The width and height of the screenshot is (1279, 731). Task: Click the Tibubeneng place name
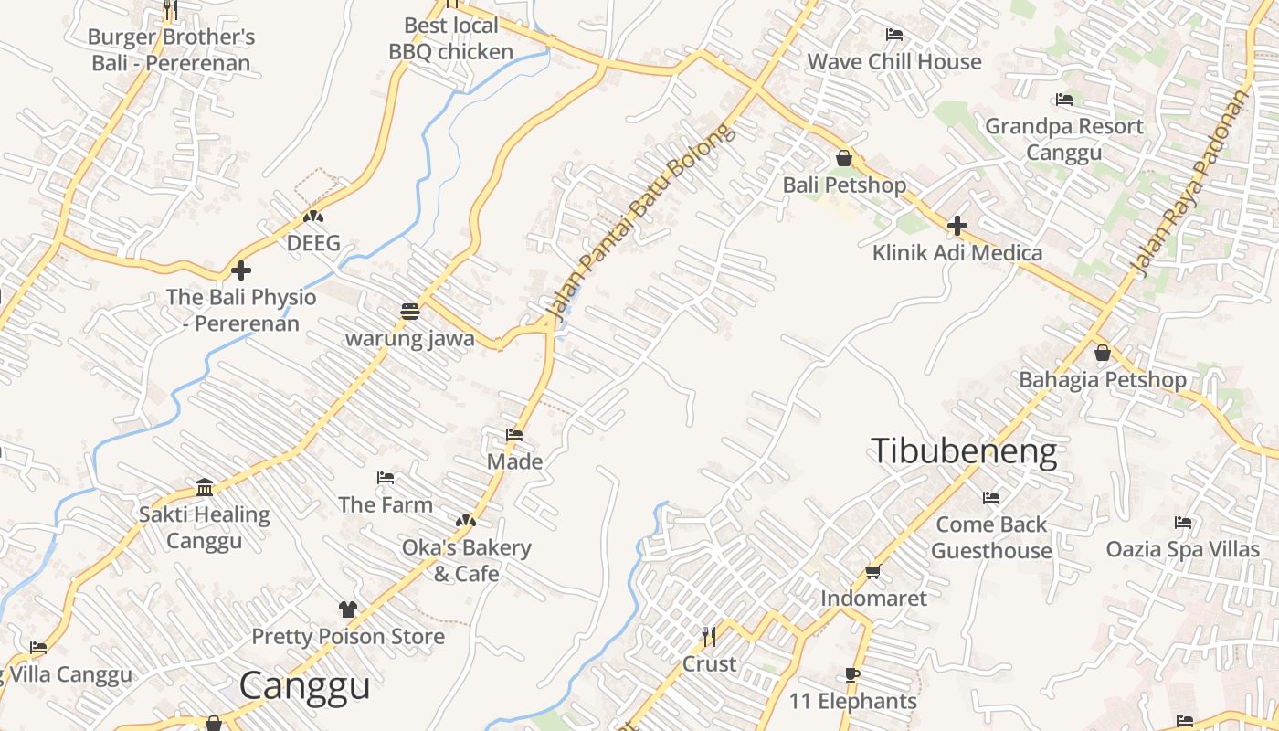964,451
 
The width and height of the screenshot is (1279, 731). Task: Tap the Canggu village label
305,686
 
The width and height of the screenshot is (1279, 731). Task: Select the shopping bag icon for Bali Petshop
844,158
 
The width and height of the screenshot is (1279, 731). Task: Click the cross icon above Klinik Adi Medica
957,225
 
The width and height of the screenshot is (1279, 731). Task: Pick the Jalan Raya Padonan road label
1189,184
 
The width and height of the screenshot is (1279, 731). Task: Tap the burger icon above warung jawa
409,311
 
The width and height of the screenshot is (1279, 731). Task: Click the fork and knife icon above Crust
708,635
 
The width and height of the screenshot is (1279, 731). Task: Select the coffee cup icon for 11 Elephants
851,675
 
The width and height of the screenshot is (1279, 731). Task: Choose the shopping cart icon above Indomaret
872,572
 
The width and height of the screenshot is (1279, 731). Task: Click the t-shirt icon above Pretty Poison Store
347,609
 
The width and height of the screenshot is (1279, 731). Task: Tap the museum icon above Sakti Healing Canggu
205,487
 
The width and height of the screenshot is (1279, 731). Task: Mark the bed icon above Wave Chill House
893,35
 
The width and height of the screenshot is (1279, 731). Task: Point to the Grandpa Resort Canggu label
1063,139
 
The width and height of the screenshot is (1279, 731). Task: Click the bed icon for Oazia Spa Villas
1183,523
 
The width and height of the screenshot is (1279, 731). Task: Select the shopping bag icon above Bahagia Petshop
1103,353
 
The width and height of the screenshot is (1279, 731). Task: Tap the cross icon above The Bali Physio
241,270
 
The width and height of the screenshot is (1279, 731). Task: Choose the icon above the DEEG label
313,217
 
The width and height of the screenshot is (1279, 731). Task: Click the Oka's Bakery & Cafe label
466,560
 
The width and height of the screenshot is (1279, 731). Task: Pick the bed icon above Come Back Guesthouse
990,498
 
